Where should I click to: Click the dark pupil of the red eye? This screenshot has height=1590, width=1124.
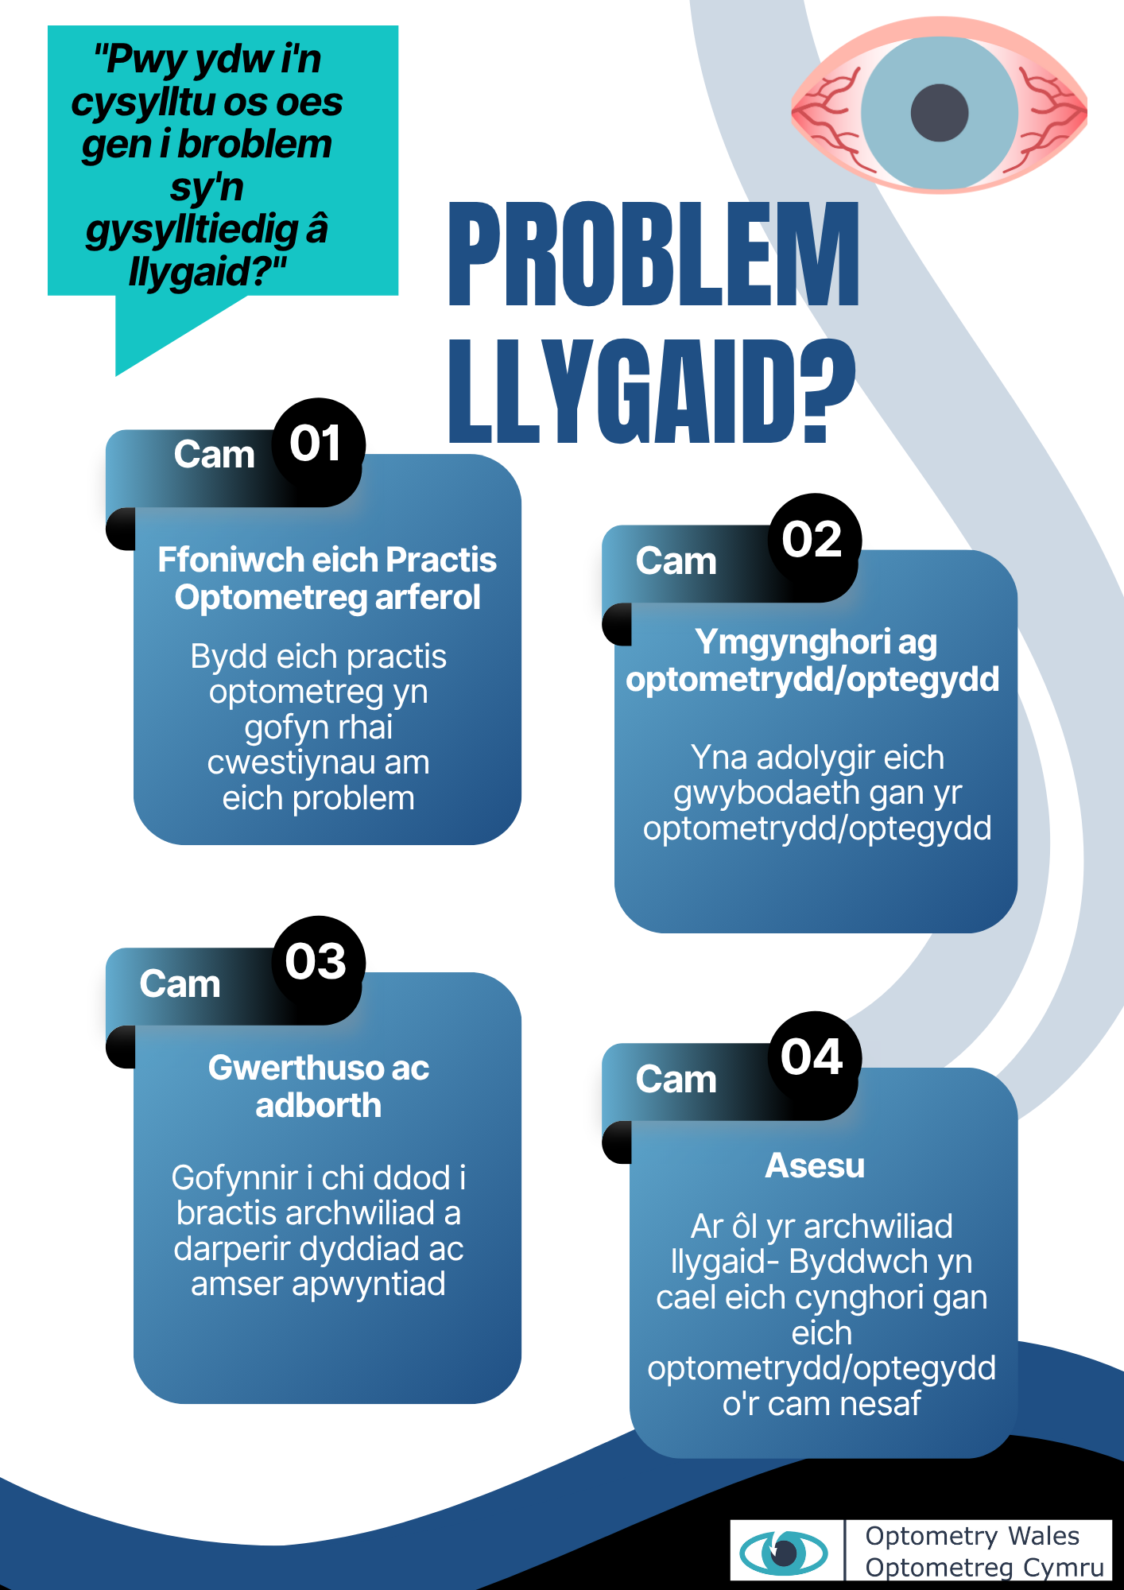(x=940, y=112)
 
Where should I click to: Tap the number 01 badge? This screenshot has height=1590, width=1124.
(x=318, y=444)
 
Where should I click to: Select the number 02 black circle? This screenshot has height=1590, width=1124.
(x=815, y=540)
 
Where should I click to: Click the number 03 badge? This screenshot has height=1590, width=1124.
(x=319, y=962)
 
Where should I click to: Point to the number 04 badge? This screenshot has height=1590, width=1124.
(x=815, y=1058)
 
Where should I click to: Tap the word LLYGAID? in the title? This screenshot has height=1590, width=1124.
(x=653, y=392)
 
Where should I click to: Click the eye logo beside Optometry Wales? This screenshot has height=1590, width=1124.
(x=784, y=1552)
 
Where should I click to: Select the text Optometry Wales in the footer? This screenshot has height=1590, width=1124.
(x=972, y=1536)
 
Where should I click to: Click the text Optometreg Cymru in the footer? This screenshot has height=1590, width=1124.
(x=985, y=1568)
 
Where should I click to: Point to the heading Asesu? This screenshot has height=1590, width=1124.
(x=815, y=1165)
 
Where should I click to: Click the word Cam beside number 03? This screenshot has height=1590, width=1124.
(x=180, y=984)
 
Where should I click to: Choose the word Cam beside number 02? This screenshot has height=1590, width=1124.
(x=676, y=561)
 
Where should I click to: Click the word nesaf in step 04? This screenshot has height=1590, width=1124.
(x=881, y=1405)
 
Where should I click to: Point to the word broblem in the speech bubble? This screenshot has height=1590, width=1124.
(x=254, y=145)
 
